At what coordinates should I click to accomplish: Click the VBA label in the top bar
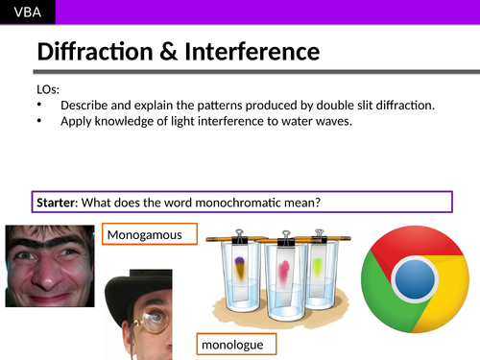[26, 12]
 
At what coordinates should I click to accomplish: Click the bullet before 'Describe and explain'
[38, 105]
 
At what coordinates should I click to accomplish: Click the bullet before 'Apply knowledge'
[38, 121]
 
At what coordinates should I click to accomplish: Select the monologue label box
[232, 344]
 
